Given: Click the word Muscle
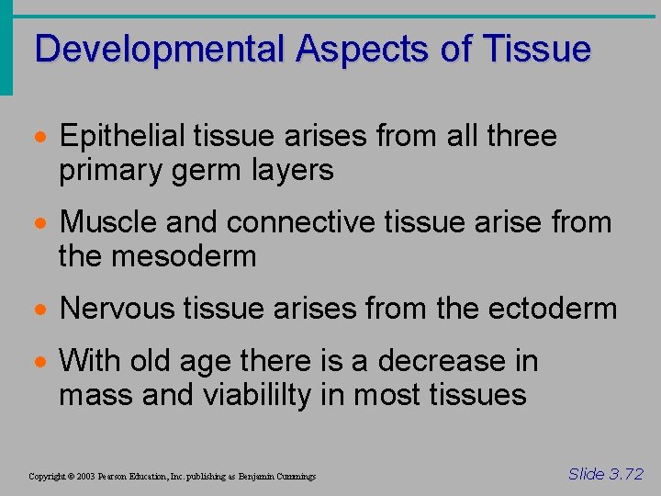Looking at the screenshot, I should click(109, 222).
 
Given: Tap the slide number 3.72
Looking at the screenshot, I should click(606, 474).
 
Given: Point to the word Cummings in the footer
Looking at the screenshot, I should click(294, 477).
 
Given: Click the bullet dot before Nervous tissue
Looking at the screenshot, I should click(42, 310).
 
